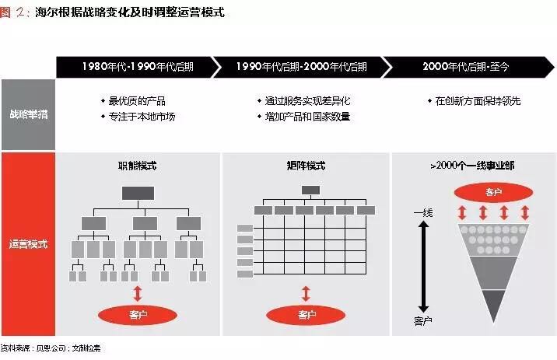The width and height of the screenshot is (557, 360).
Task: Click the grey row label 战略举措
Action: click(28, 114)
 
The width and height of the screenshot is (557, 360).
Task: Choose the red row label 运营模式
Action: click(28, 243)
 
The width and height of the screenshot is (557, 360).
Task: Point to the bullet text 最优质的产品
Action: click(137, 101)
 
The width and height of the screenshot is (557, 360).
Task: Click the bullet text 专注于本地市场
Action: click(142, 116)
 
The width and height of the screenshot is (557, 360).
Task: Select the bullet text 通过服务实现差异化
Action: click(303, 101)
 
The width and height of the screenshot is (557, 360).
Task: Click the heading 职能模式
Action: click(136, 166)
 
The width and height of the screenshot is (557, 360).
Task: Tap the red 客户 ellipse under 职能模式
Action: click(137, 315)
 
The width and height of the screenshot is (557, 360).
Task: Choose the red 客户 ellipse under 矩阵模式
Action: click(306, 315)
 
